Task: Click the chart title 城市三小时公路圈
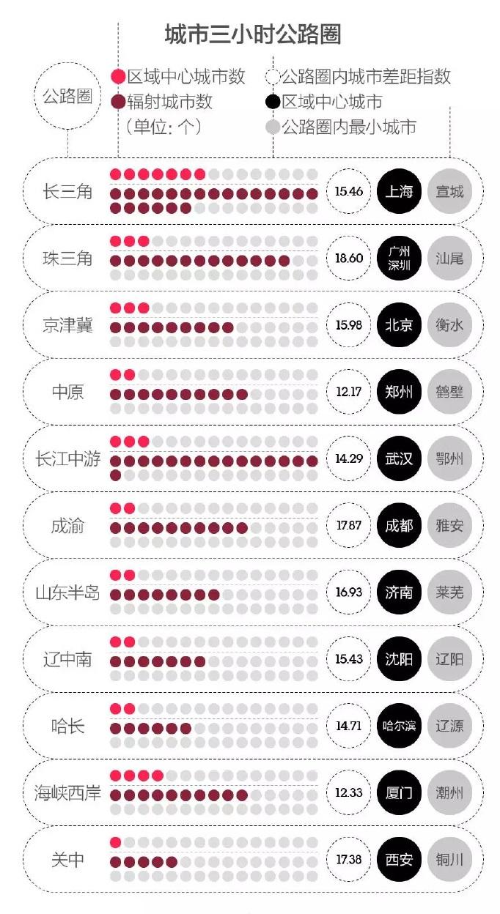(x=253, y=34)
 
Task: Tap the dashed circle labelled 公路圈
(x=67, y=96)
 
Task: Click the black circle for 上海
(x=399, y=192)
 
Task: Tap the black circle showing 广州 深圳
(x=399, y=259)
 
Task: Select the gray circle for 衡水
(x=449, y=325)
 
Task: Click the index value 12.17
(x=349, y=392)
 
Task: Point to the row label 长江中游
(x=67, y=459)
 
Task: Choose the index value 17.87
(x=349, y=525)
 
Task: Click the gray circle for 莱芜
(x=449, y=592)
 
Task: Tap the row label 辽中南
(x=67, y=659)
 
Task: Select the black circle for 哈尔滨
(x=399, y=726)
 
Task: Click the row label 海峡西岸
(x=67, y=792)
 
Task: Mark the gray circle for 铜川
(x=449, y=859)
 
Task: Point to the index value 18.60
(x=349, y=259)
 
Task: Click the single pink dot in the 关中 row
(x=116, y=842)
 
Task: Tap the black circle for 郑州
(x=399, y=392)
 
